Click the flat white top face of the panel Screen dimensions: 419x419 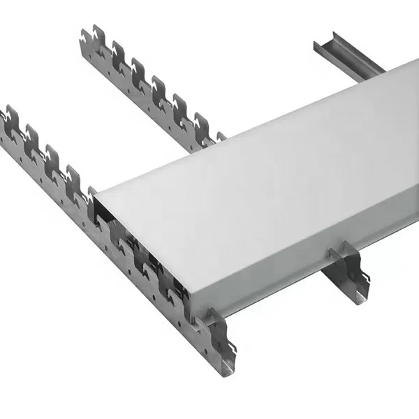coord(265,175)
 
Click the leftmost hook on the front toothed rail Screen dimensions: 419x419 coord(10,115)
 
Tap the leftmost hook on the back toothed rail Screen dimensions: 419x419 coord(89,34)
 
